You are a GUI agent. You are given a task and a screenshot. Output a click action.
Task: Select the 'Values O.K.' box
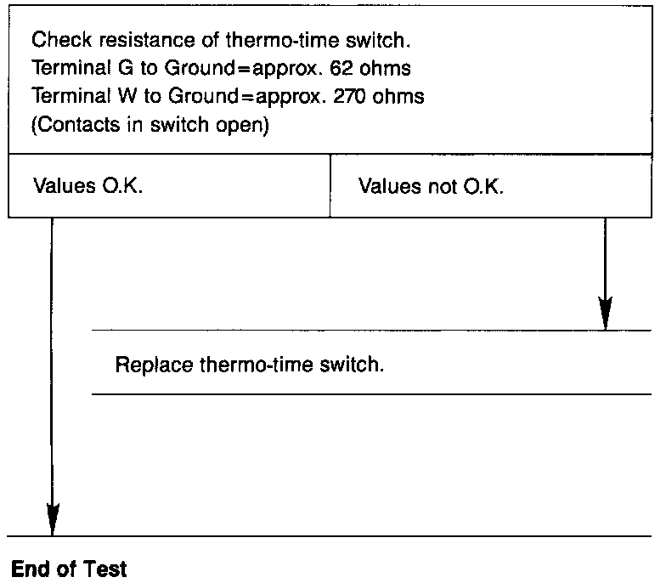(169, 186)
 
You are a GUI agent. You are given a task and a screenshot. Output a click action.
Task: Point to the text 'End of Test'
(68, 568)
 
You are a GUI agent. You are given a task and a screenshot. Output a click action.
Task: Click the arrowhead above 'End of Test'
(53, 520)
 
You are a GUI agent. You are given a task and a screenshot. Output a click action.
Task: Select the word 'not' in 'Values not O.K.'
(435, 186)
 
